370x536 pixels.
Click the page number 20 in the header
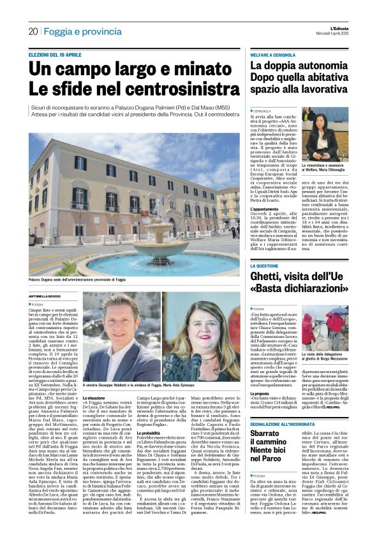click(33, 31)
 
